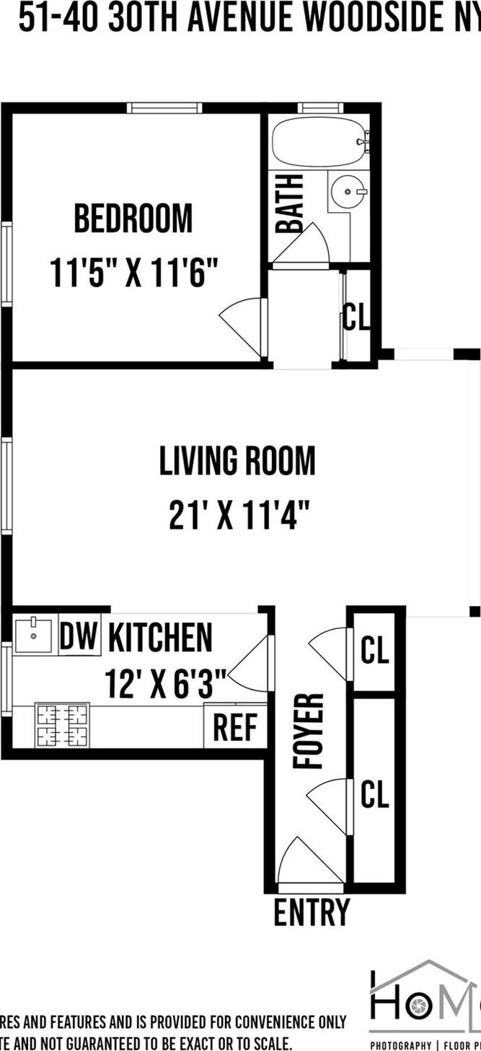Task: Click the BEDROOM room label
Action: coord(133,219)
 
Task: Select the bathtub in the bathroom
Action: coord(318,143)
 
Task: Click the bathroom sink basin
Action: coord(347,192)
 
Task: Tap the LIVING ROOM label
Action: coord(237,461)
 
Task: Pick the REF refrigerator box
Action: coord(235,728)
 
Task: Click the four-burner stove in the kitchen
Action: coord(62,726)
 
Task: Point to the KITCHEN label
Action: coord(161,638)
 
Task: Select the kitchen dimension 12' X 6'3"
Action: coord(166,682)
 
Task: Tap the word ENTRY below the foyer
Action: coord(312,913)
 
